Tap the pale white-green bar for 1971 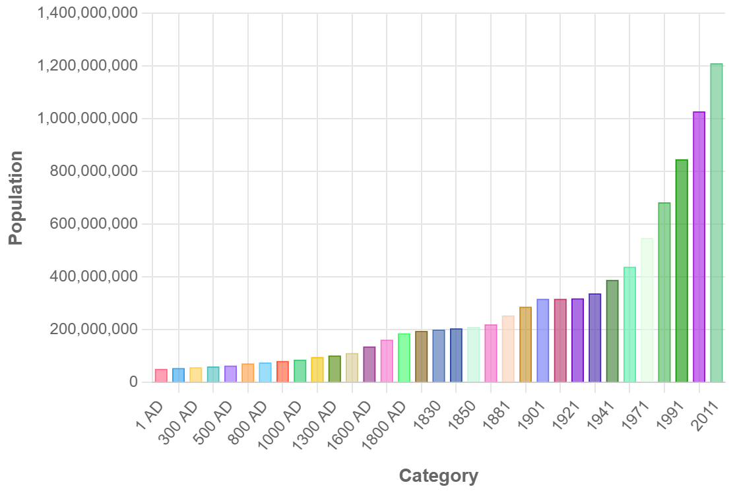(x=647, y=310)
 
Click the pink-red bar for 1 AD (x=161, y=375)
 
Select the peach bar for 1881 (x=508, y=349)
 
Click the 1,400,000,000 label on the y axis (x=88, y=13)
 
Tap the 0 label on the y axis (x=133, y=382)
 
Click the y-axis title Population (x=16, y=198)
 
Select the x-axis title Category (x=438, y=476)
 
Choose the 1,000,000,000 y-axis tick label (x=88, y=119)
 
